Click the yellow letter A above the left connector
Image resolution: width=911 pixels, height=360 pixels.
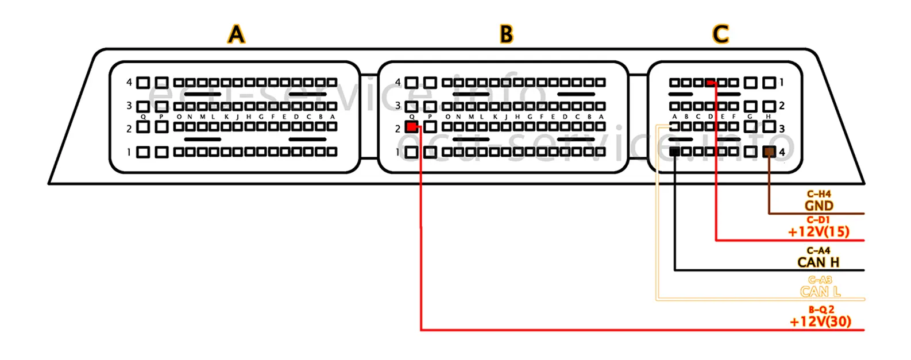click(236, 34)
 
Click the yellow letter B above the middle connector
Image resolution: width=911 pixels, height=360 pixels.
click(506, 34)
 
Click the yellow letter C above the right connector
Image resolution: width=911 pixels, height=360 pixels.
click(720, 34)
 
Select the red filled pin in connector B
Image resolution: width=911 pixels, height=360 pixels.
click(411, 127)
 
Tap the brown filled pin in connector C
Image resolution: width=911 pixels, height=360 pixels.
click(769, 152)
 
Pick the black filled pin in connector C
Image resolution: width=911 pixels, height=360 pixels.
click(675, 152)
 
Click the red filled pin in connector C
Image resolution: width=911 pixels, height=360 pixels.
click(711, 83)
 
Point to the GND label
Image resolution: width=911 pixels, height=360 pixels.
click(819, 206)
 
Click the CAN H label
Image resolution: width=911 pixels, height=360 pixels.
click(818, 262)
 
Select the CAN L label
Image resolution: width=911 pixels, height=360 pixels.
click(820, 292)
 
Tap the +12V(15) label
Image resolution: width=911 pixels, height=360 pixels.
click(819, 232)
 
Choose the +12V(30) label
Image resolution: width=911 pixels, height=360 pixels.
click(820, 322)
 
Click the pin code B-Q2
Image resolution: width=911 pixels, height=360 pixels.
click(821, 309)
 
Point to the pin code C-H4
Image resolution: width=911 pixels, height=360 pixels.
click(819, 194)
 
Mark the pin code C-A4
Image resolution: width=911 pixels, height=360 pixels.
click(819, 250)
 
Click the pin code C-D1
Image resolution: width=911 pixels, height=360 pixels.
click(819, 220)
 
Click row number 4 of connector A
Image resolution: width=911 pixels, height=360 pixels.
click(129, 83)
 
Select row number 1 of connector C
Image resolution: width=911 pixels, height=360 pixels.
click(782, 83)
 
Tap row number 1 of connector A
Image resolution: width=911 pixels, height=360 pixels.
click(129, 152)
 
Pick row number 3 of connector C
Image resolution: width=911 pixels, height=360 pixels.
click(782, 129)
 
